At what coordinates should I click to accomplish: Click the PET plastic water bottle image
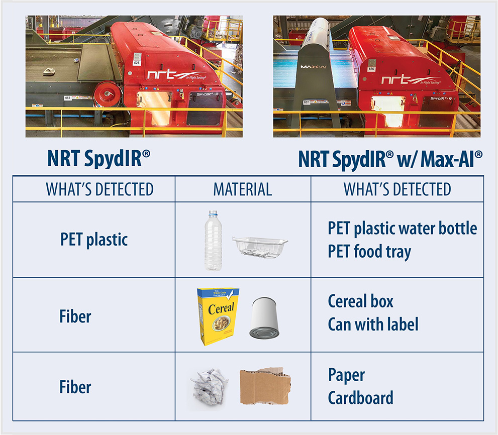click(x=213, y=240)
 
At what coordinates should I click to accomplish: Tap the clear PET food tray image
click(x=260, y=247)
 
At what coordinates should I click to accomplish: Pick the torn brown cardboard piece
click(x=265, y=386)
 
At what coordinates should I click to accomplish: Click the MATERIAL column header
click(x=243, y=189)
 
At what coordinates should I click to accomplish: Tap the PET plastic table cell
click(x=94, y=239)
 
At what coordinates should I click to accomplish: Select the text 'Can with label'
click(x=373, y=324)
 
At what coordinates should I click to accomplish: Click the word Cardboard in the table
click(x=360, y=398)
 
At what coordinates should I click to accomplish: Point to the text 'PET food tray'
click(x=369, y=251)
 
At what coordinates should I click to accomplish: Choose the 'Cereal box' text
click(x=360, y=301)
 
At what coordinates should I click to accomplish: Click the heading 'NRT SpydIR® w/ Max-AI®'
click(x=390, y=159)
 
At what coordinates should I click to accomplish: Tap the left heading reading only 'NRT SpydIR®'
click(x=98, y=159)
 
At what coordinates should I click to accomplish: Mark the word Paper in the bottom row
click(x=346, y=375)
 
